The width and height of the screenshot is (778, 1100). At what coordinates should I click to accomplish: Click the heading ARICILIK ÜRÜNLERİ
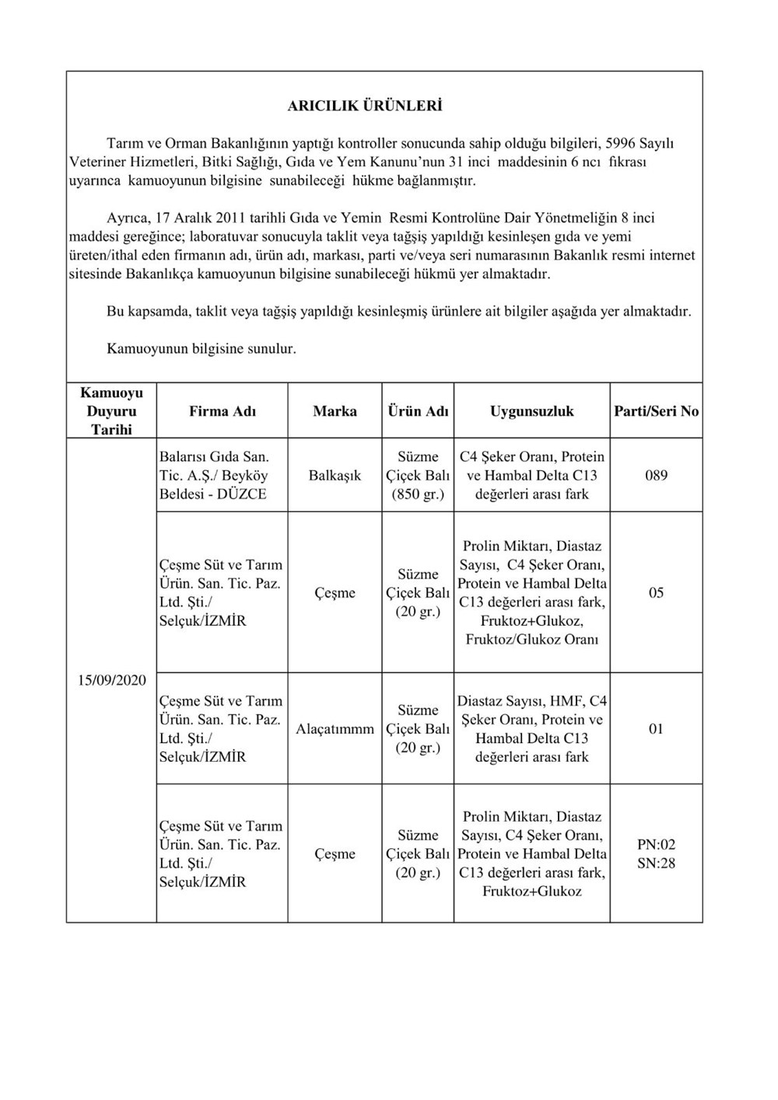[364, 106]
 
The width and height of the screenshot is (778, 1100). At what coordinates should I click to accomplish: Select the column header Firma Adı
[222, 411]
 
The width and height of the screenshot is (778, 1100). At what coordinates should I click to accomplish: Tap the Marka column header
[335, 411]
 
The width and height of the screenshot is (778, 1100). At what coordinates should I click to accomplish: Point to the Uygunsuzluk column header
[531, 411]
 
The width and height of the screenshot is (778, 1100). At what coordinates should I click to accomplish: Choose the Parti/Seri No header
[656, 411]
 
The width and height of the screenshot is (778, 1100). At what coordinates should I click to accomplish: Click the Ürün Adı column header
[418, 411]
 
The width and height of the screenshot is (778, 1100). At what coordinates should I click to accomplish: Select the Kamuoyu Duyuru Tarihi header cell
[111, 410]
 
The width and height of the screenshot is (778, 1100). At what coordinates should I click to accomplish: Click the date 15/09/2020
[111, 680]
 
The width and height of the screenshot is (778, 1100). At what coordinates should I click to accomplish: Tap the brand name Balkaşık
[335, 475]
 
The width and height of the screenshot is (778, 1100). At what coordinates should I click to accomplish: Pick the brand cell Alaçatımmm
[335, 729]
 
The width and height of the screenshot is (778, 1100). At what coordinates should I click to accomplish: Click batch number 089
[656, 475]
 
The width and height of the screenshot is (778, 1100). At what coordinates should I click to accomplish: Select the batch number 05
[656, 592]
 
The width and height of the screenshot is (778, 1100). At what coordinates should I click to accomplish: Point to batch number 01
[656, 729]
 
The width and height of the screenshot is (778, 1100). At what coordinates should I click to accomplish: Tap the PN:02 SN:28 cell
[656, 854]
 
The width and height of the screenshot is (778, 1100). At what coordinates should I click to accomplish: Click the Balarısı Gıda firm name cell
[214, 475]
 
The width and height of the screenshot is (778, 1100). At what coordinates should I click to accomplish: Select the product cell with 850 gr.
[418, 475]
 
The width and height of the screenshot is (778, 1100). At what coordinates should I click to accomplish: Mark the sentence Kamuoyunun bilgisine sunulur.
[201, 349]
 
